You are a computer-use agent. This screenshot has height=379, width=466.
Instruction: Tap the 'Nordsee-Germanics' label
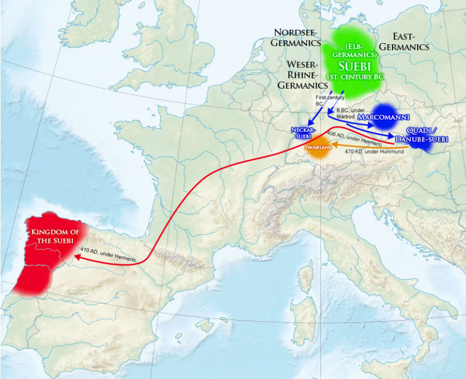(297, 37)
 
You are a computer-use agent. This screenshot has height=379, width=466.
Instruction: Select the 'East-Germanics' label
(402, 41)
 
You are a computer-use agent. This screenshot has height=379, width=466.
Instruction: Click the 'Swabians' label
(317, 148)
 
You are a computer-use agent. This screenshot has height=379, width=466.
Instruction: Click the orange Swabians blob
(317, 149)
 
